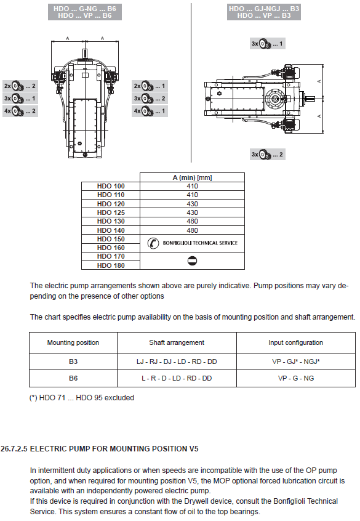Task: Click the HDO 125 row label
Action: click(111, 212)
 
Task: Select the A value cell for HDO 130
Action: click(192, 221)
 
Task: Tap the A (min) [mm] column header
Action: click(192, 177)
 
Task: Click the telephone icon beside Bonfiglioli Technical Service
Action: click(153, 243)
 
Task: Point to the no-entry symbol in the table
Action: click(192, 261)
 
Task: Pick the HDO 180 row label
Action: click(111, 265)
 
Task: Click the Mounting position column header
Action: click(73, 342)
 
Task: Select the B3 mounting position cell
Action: click(73, 361)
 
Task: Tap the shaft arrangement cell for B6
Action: click(177, 378)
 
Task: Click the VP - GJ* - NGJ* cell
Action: click(296, 361)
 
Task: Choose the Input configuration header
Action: click(296, 342)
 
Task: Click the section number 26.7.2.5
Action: click(14, 449)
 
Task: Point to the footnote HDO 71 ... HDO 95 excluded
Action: click(82, 398)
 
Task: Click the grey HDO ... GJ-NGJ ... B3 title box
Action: click(264, 12)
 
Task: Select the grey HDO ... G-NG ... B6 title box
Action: click(85, 12)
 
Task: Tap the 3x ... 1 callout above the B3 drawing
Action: click(267, 44)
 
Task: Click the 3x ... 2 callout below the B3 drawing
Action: click(267, 154)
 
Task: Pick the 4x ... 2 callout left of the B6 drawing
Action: click(20, 111)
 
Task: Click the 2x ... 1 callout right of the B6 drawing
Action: click(150, 86)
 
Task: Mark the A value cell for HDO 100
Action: click(192, 186)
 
